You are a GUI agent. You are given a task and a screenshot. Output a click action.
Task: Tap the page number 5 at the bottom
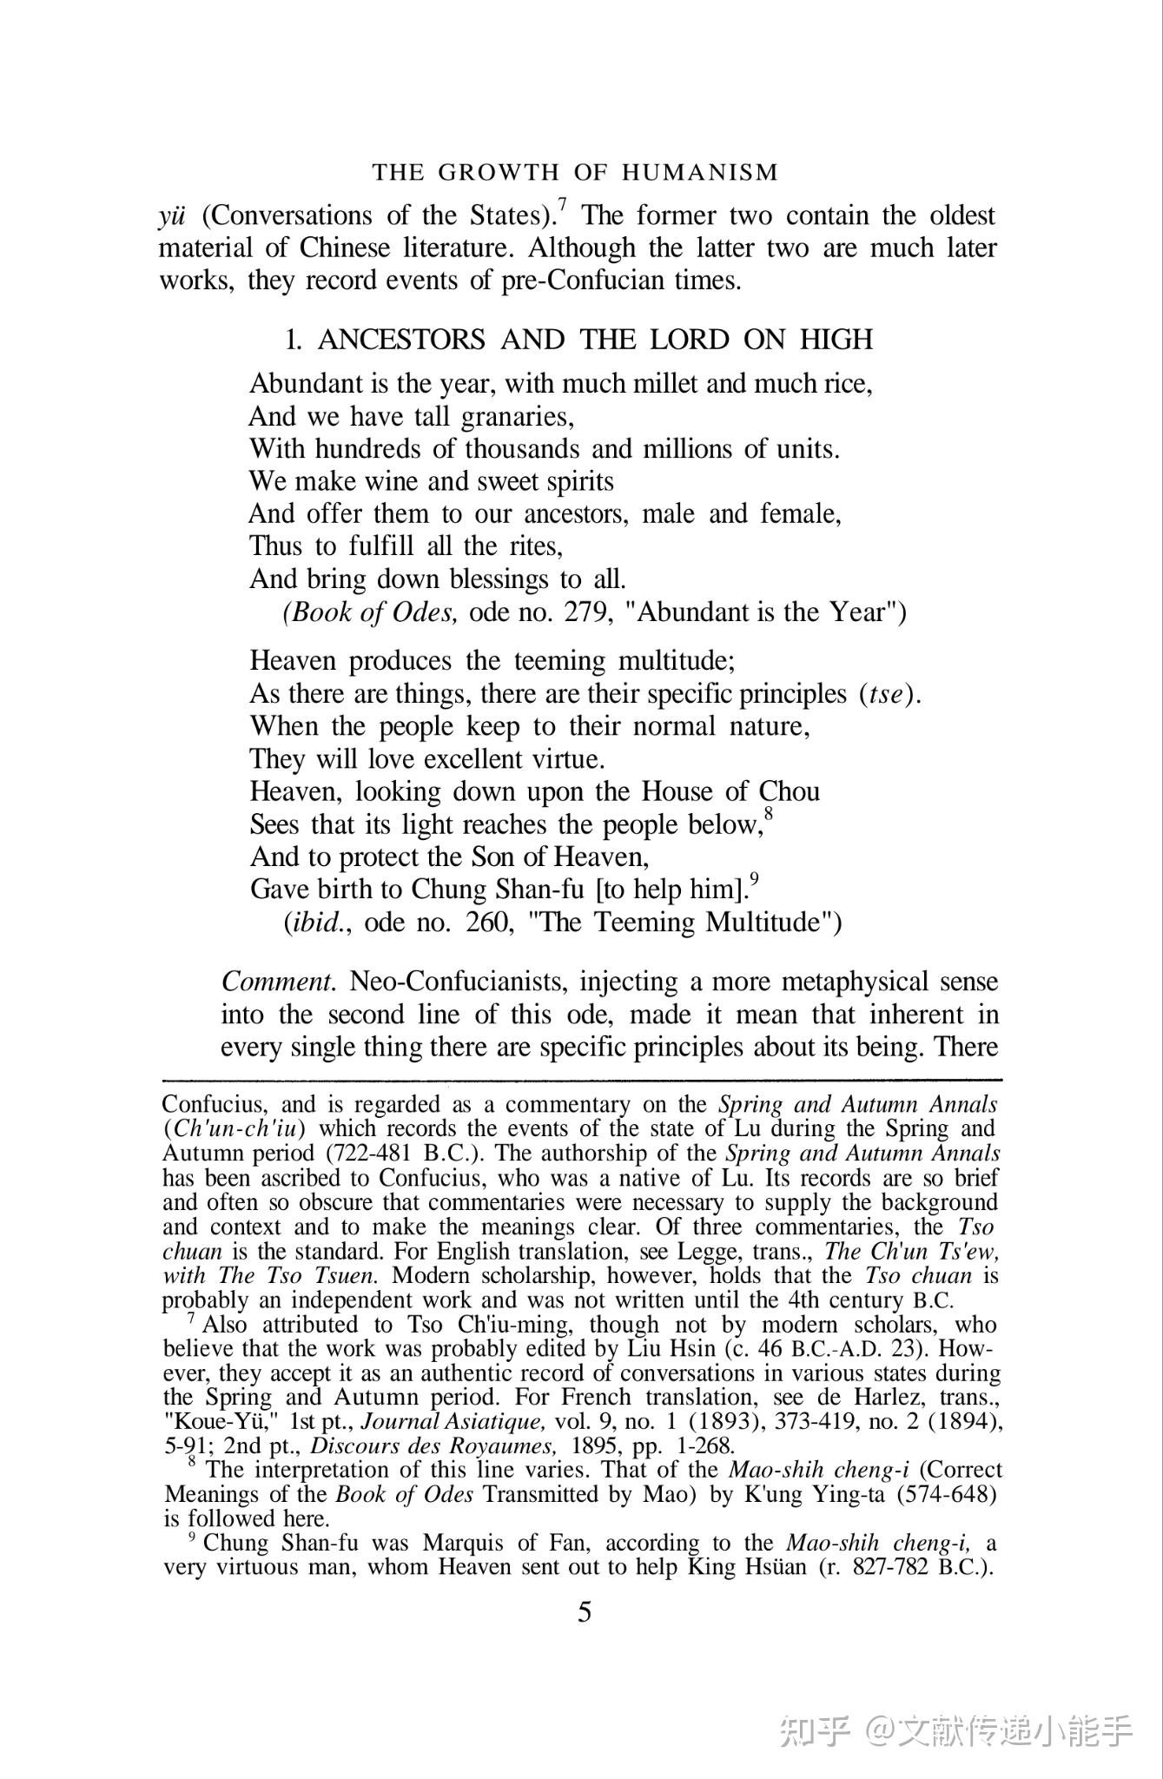click(585, 1612)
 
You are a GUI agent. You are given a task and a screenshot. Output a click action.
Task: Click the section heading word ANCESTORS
click(401, 340)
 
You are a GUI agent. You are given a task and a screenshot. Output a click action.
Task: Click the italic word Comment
click(279, 982)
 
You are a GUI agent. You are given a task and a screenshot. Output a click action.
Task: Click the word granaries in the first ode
click(518, 417)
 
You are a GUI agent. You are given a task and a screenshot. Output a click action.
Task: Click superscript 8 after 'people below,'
click(769, 815)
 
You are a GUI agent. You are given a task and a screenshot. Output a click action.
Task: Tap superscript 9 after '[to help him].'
click(755, 879)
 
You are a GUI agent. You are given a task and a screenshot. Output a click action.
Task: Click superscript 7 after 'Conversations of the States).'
click(563, 206)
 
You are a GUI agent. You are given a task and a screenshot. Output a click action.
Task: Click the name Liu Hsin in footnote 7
click(665, 1350)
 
